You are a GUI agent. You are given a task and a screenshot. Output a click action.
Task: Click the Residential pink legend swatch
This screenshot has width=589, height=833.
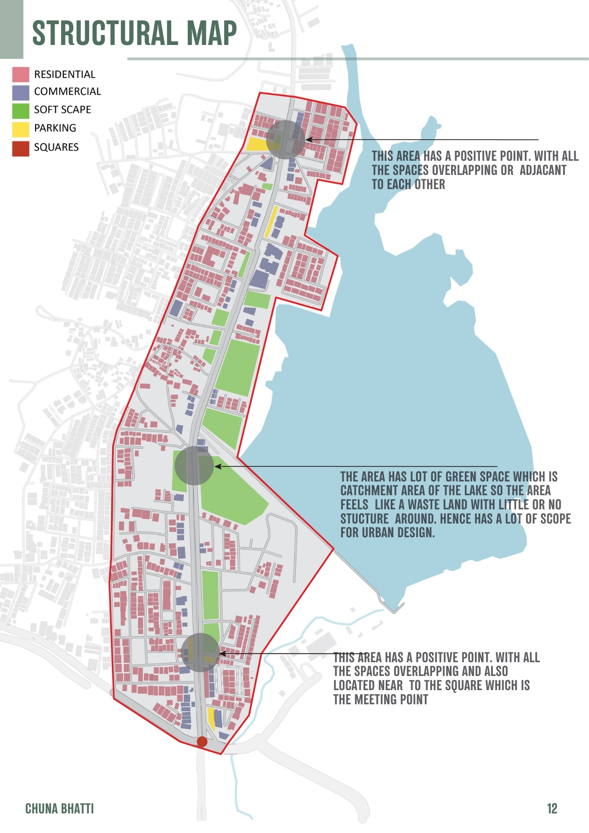(20, 75)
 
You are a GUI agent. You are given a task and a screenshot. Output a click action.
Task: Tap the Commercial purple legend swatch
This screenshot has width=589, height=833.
(20, 92)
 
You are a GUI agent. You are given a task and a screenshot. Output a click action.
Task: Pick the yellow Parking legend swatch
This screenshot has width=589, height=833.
(20, 129)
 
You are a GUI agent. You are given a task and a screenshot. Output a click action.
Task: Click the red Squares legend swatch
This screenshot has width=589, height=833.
(20, 148)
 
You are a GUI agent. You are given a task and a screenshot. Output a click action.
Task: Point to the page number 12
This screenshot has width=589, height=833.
(552, 808)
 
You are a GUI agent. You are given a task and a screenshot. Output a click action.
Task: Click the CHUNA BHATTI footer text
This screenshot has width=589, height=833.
(60, 808)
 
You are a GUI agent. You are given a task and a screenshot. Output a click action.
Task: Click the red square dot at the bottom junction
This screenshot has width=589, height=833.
(202, 741)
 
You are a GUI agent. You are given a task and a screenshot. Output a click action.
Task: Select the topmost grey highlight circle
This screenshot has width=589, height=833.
(286, 139)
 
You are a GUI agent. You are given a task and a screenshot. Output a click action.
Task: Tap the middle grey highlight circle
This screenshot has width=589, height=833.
(194, 466)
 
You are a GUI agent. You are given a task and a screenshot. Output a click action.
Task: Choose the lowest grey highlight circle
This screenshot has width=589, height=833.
(201, 652)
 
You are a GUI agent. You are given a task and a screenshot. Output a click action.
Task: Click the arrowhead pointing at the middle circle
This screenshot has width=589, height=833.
(217, 466)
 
